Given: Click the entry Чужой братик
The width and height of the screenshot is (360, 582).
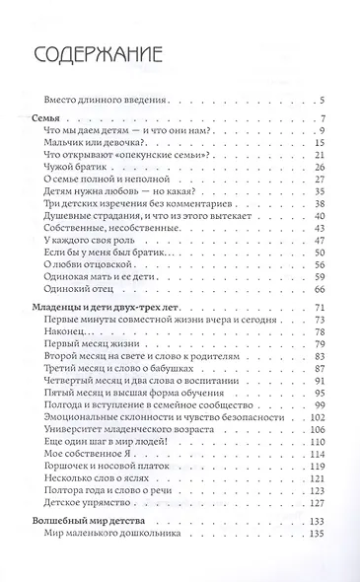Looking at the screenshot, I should [75, 167].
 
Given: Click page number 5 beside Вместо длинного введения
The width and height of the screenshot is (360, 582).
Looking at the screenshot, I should [323, 100].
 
